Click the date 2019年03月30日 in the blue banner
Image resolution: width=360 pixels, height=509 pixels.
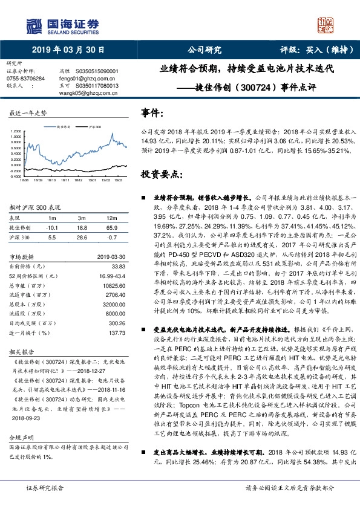[x=67, y=50]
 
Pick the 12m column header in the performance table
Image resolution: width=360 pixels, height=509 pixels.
[x=111, y=218]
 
